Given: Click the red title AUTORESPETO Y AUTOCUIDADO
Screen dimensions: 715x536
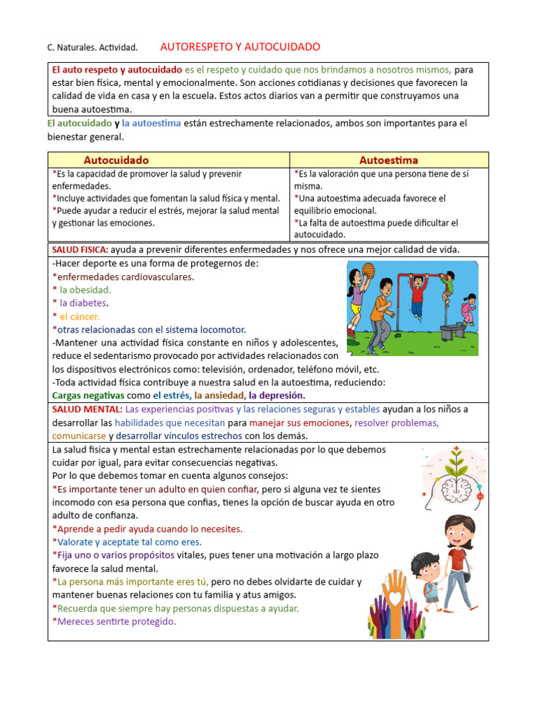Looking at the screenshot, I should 240,47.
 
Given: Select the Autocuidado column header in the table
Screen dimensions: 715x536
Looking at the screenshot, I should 116,160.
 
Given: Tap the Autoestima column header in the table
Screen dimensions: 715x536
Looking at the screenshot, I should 389,160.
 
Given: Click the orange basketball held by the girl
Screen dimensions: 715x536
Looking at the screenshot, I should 368,270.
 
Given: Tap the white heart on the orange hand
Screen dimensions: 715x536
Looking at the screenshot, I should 396,598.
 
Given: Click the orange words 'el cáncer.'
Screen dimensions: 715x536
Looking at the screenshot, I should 80,316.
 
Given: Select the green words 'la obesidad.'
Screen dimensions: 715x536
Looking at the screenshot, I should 85,290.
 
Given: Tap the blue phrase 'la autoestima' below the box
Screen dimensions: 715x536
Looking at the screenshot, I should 151,124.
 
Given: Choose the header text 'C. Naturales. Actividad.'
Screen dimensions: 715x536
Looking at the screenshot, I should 92,47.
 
